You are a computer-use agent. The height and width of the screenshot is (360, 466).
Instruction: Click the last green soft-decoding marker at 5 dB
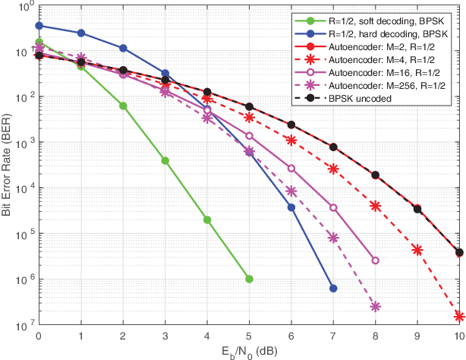click(x=249, y=279)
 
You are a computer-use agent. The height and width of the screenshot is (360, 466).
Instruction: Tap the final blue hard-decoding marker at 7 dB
click(x=333, y=289)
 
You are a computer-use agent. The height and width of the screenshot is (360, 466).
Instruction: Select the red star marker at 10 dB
click(x=459, y=316)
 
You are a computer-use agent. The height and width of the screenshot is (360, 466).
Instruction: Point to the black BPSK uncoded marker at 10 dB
click(x=459, y=252)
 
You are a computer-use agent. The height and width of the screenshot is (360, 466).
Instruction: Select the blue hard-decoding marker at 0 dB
click(x=39, y=26)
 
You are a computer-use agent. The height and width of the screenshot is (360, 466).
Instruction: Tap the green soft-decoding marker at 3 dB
click(x=165, y=161)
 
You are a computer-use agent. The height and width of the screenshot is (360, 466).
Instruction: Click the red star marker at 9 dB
click(x=417, y=249)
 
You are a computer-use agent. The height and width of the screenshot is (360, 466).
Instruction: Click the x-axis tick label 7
click(x=333, y=335)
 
